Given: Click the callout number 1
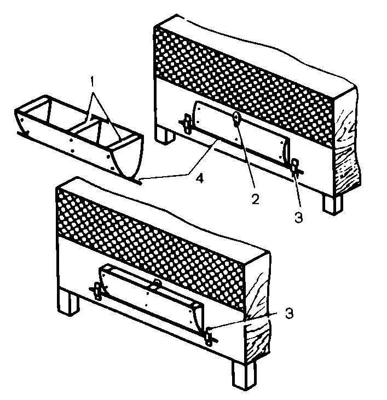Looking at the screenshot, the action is pos(93,82).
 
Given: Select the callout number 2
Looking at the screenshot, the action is pos(256,199).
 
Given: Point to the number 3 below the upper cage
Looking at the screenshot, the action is pos(298,218).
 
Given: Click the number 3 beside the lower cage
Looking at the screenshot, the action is pos(289,313).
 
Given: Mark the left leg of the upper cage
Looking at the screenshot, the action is pos(165,136).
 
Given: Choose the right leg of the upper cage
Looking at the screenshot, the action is pos(332,204).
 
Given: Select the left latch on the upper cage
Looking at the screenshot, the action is pos(188,124).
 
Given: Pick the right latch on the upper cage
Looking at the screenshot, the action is pos(296,167).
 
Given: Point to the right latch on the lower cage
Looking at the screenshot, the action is pos(210,337).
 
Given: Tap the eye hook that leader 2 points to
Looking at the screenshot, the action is pos(236,119).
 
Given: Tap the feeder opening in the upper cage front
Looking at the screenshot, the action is pos(241,132).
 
